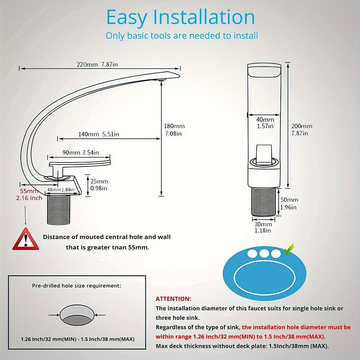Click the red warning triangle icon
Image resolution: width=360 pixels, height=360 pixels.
pos(26,239)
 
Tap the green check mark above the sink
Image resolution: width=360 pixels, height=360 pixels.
pos(289,249)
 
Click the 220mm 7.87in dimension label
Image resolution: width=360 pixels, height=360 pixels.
pos(97,65)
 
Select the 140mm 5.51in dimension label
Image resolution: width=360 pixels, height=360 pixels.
pos(99,134)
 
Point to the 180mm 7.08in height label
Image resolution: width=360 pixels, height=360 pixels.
pos(174,130)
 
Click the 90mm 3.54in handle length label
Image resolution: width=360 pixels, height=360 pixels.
pos(81,153)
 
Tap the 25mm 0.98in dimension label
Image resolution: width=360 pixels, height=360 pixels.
pos(99,185)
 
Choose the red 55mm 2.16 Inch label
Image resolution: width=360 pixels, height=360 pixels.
pos(29,194)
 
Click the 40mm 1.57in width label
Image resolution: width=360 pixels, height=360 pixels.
pos(265,123)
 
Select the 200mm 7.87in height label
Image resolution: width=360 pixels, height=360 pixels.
pos(302,130)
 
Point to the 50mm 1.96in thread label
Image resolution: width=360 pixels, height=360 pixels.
pos(289,204)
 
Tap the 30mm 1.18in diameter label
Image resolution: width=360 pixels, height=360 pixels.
pos(263,227)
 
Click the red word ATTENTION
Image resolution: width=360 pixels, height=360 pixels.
pos(173,299)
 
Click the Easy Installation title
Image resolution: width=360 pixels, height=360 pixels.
pos(180,17)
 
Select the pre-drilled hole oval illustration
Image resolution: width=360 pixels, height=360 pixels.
pos(77,315)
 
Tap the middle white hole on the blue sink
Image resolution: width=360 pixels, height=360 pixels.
pos(264,253)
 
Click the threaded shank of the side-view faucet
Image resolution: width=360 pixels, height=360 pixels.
pos(59,210)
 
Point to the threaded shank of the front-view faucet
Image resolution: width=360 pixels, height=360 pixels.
pos(264,201)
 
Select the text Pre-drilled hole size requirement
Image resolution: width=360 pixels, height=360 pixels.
pos(76,286)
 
